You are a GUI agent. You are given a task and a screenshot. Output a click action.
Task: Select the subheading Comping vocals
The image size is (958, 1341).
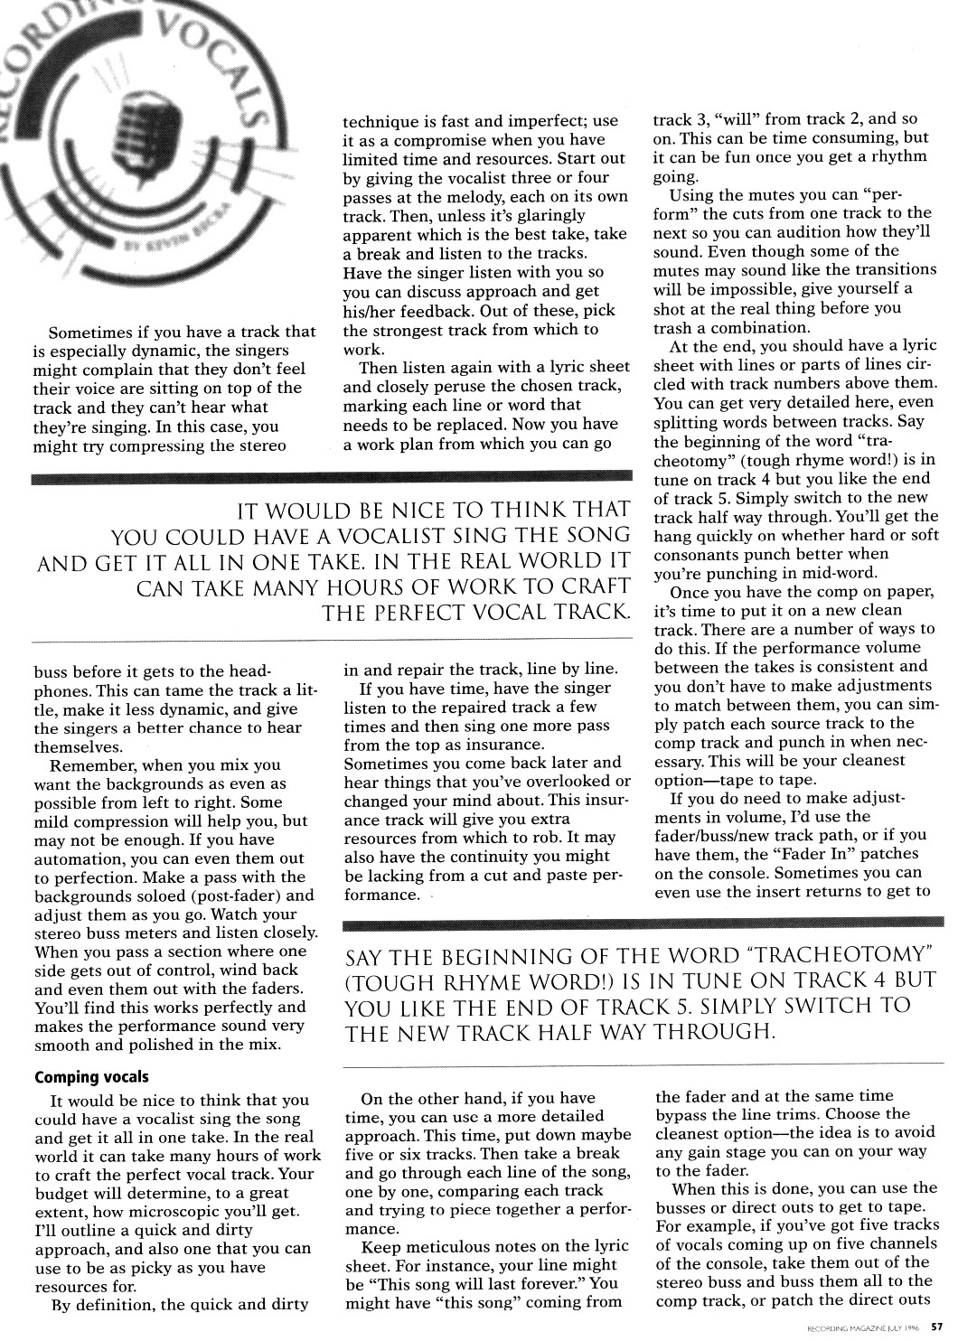pos(91,1077)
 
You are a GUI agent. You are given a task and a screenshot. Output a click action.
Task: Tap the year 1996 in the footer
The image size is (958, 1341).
pos(908,1328)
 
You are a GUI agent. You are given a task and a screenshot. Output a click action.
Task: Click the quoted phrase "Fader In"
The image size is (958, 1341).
pos(859,854)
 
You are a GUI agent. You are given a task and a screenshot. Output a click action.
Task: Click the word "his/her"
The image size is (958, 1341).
pos(371,310)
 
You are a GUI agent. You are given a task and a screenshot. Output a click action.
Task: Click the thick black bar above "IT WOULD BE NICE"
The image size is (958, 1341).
pos(331,476)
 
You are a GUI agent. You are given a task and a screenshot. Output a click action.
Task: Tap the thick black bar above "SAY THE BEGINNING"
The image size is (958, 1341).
pos(643,923)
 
